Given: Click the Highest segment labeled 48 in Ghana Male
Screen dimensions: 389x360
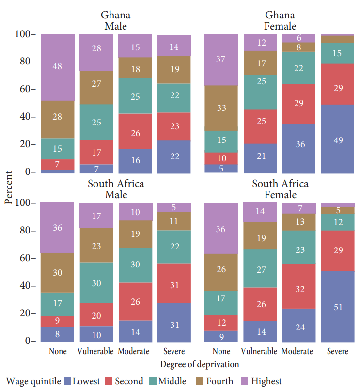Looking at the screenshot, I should click(x=57, y=67).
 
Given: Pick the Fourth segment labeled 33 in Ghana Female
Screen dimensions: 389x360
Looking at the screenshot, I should click(x=221, y=108).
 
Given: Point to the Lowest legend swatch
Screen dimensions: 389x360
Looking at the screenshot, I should click(x=67, y=381).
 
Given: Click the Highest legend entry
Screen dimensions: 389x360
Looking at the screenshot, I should click(x=261, y=381).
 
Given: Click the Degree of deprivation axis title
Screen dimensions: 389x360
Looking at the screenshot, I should click(x=200, y=364).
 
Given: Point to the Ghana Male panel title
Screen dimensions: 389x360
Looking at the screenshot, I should click(x=116, y=20).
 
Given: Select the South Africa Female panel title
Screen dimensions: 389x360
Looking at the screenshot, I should click(x=280, y=189).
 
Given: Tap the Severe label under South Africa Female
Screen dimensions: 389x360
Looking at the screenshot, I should click(x=337, y=351).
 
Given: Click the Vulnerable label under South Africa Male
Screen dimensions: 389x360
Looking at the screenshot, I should click(x=96, y=351).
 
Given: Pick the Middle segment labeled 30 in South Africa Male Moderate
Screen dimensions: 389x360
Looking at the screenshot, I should click(x=135, y=265).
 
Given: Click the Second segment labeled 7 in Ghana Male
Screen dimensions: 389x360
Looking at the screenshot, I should click(x=57, y=164).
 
